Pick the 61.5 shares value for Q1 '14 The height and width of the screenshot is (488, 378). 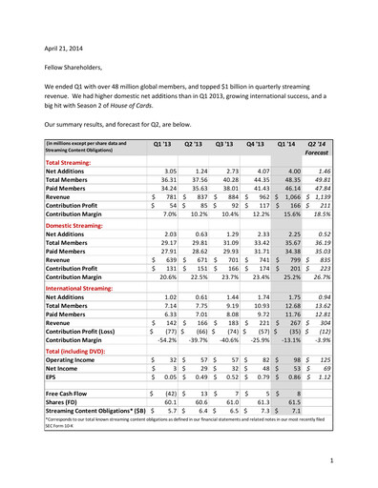tap(289, 403)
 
